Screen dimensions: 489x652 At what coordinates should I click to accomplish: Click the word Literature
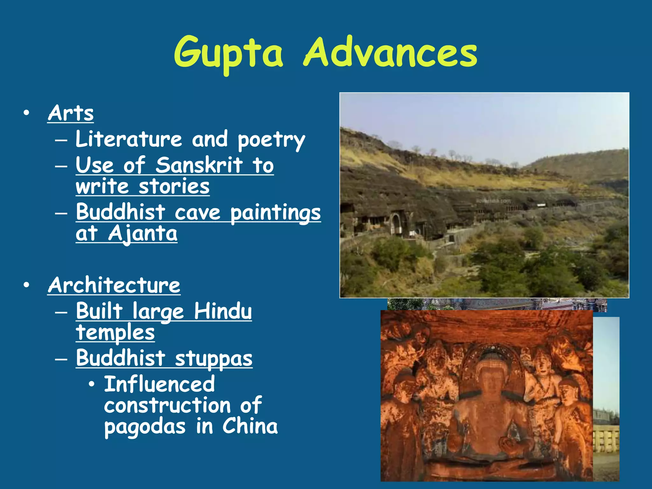[129, 139]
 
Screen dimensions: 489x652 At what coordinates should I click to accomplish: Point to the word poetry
[271, 140]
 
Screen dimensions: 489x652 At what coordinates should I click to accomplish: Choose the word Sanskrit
[199, 165]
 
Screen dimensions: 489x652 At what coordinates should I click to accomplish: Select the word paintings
[275, 213]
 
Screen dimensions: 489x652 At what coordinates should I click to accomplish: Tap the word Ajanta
[142, 234]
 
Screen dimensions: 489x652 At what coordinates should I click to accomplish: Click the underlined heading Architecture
[114, 285]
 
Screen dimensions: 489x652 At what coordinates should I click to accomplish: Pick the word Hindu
[223, 311]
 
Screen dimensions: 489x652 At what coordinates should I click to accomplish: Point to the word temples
[115, 333]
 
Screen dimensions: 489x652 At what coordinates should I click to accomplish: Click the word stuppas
[214, 359]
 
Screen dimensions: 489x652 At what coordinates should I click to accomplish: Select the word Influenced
[159, 384]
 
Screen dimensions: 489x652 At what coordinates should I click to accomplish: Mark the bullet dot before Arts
[26, 113]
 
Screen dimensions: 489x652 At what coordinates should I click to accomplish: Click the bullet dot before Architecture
[26, 285]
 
